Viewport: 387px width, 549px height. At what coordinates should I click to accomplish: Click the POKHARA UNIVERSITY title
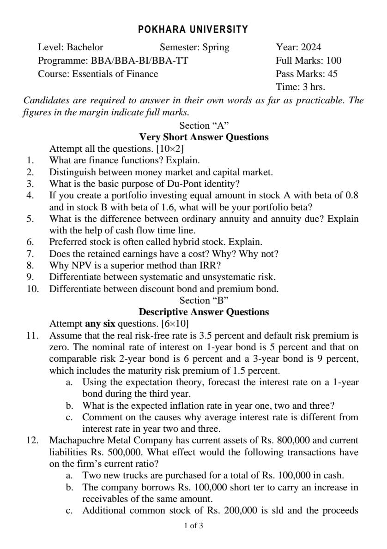click(x=193, y=30)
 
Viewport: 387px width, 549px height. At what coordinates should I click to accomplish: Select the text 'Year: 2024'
click(x=298, y=47)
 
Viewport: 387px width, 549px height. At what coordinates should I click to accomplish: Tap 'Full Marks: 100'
click(x=308, y=60)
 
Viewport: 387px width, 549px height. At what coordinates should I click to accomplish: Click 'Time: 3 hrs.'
click(x=300, y=87)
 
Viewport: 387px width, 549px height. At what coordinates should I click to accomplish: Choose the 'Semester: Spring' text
click(x=194, y=47)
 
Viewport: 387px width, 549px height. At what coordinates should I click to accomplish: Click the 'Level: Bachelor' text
click(x=71, y=47)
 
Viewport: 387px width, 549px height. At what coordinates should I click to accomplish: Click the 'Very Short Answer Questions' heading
click(x=204, y=137)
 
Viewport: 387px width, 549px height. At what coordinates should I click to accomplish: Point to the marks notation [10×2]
click(x=171, y=149)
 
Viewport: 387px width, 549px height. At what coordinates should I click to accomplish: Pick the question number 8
click(x=30, y=265)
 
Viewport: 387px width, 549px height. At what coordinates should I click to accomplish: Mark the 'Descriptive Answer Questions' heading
click(x=204, y=312)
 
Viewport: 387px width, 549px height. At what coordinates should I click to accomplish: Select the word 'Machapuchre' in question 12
click(x=74, y=440)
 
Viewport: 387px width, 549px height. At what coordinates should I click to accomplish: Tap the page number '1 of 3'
click(x=193, y=525)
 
